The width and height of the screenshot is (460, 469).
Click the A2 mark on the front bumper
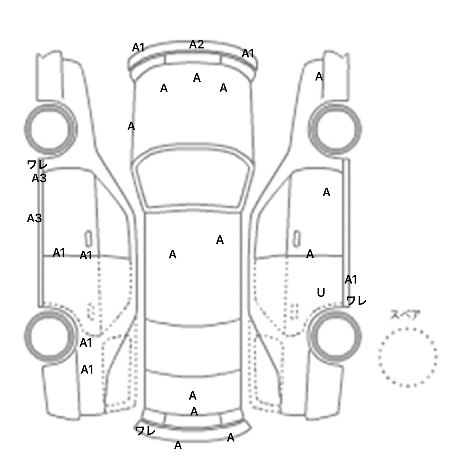pyautogui.click(x=196, y=45)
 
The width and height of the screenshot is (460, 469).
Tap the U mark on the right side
pyautogui.click(x=321, y=293)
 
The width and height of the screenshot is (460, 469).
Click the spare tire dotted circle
pyautogui.click(x=408, y=357)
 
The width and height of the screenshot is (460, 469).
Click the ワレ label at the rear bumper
pyautogui.click(x=145, y=430)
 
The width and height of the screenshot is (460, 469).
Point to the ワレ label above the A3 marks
pyautogui.click(x=37, y=164)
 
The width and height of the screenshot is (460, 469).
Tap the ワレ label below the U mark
pyautogui.click(x=356, y=301)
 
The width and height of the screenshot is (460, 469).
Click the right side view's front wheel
pyautogui.click(x=335, y=129)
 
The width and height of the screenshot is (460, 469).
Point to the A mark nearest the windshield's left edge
pyautogui.click(x=131, y=127)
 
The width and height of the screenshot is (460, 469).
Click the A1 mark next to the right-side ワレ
pyautogui.click(x=351, y=280)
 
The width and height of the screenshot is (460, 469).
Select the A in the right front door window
pyautogui.click(x=326, y=192)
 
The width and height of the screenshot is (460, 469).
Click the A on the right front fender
pyautogui.click(x=319, y=77)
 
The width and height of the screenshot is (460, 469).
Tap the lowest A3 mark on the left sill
pyautogui.click(x=34, y=218)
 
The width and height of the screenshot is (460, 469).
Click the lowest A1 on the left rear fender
pyautogui.click(x=87, y=370)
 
